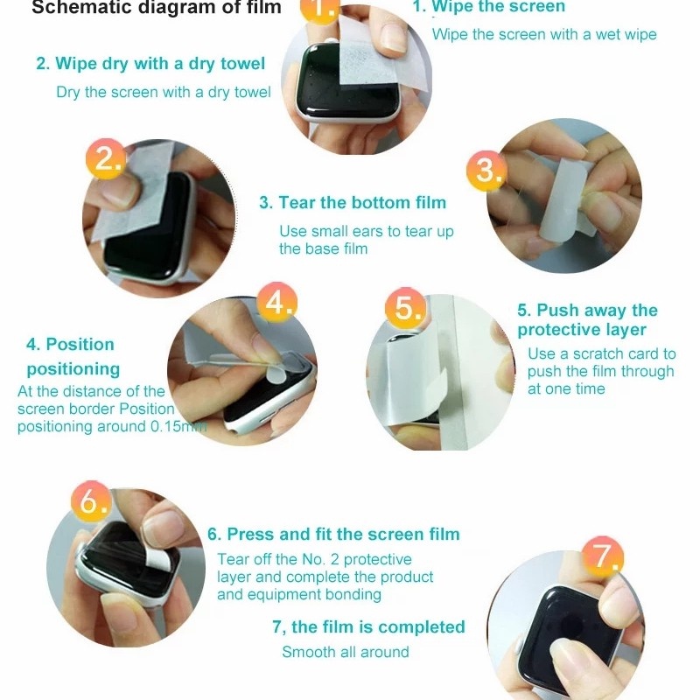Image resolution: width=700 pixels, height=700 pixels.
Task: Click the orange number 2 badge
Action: coord(105,159)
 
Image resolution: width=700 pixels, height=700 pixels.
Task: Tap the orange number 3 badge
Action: coord(486,171)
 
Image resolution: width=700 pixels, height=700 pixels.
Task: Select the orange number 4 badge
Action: coord(276,302)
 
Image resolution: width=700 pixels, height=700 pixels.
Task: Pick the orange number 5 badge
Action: coord(405,308)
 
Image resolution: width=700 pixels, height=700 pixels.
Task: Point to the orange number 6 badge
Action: coord(91,500)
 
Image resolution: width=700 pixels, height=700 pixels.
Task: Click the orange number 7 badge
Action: coord(603,556)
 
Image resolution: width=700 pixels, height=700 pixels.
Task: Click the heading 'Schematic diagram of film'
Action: coord(157,8)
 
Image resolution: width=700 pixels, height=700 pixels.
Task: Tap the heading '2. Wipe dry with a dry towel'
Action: coord(150,63)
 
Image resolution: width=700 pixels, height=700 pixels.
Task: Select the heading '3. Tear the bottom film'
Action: coord(353,203)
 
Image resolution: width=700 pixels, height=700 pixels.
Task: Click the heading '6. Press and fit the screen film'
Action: coord(333,535)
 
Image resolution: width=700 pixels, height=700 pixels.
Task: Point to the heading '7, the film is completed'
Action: coord(368,627)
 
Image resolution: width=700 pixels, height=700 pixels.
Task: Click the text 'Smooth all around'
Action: coord(346,652)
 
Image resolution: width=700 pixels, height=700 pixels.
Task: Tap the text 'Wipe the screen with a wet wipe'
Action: coord(544,34)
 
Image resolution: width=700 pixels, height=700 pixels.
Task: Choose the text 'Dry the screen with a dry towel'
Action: coord(164,93)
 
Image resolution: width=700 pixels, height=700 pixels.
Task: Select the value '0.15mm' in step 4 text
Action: coord(178,426)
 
